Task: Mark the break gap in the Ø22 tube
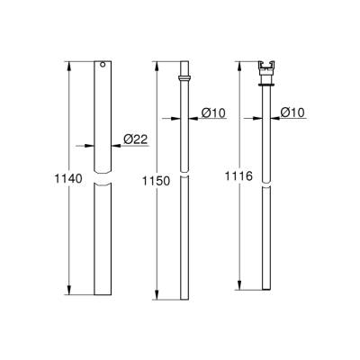(x=103, y=182)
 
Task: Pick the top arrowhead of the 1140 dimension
(x=70, y=65)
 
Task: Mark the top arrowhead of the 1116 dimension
(x=240, y=65)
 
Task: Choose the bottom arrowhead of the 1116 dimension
(x=240, y=290)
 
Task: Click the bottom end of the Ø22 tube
(x=103, y=298)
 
